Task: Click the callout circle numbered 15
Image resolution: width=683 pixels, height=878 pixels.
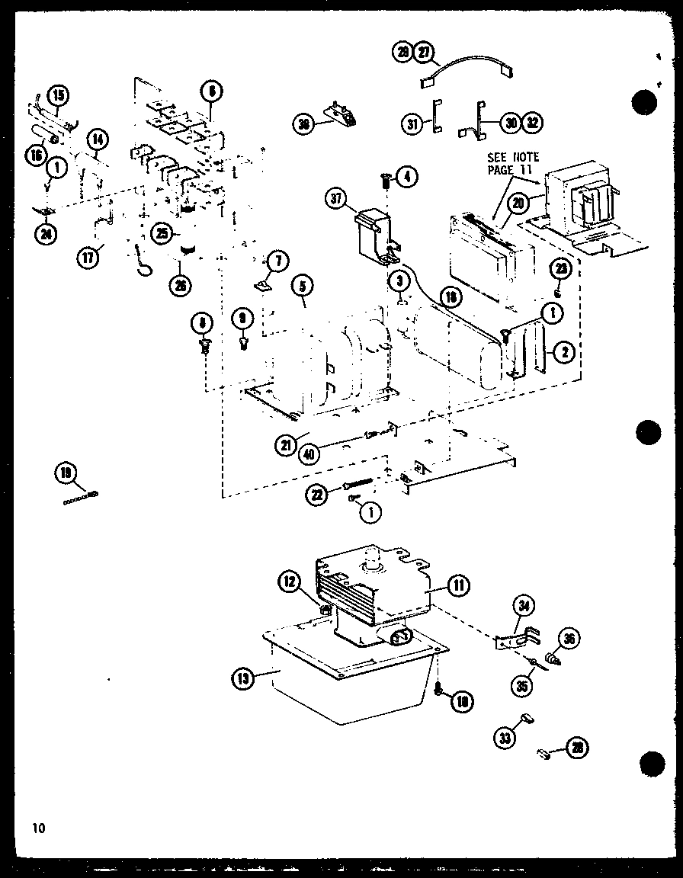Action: [x=58, y=95]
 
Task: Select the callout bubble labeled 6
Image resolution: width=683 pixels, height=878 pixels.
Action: [x=210, y=91]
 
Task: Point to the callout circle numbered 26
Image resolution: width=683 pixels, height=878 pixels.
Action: [x=181, y=286]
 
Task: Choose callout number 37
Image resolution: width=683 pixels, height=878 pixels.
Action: [x=336, y=200]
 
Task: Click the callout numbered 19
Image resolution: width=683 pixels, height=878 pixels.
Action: [x=66, y=473]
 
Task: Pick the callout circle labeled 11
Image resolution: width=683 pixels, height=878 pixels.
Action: [x=459, y=585]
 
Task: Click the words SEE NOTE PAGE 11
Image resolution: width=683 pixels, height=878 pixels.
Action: [x=512, y=163]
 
